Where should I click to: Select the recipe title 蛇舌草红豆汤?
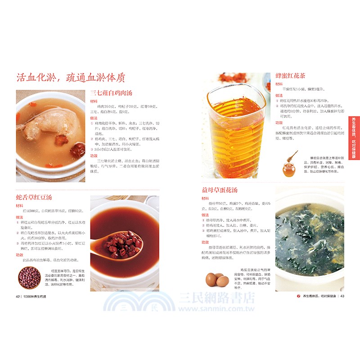[34, 198]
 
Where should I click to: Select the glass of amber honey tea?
[235, 130]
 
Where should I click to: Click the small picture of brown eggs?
[216, 279]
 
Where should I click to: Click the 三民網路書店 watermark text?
[216, 298]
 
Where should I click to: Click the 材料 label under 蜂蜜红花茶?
[279, 84]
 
